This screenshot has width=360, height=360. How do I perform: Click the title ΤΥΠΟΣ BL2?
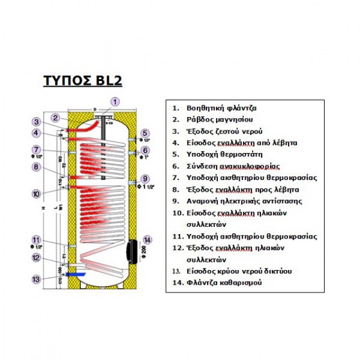(82, 82)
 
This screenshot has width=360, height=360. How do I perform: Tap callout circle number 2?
(57, 117)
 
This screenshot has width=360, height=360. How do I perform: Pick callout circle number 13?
(37, 279)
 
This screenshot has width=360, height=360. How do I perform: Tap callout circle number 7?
(37, 150)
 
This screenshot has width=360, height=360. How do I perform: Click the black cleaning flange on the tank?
(131, 249)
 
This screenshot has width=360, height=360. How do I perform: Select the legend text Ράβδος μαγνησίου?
(215, 120)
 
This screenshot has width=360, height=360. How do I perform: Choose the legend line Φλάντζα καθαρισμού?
(223, 282)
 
